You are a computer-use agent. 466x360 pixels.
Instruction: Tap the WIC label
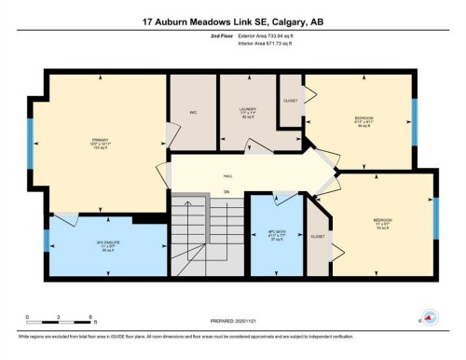193,113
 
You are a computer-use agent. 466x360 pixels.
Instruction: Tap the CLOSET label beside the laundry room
291,101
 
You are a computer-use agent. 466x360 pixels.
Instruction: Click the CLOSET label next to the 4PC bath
318,237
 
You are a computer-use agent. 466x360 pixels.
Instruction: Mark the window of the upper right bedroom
414,119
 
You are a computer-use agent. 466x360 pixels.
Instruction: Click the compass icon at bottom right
430,318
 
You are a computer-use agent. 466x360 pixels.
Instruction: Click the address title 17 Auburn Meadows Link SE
232,21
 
